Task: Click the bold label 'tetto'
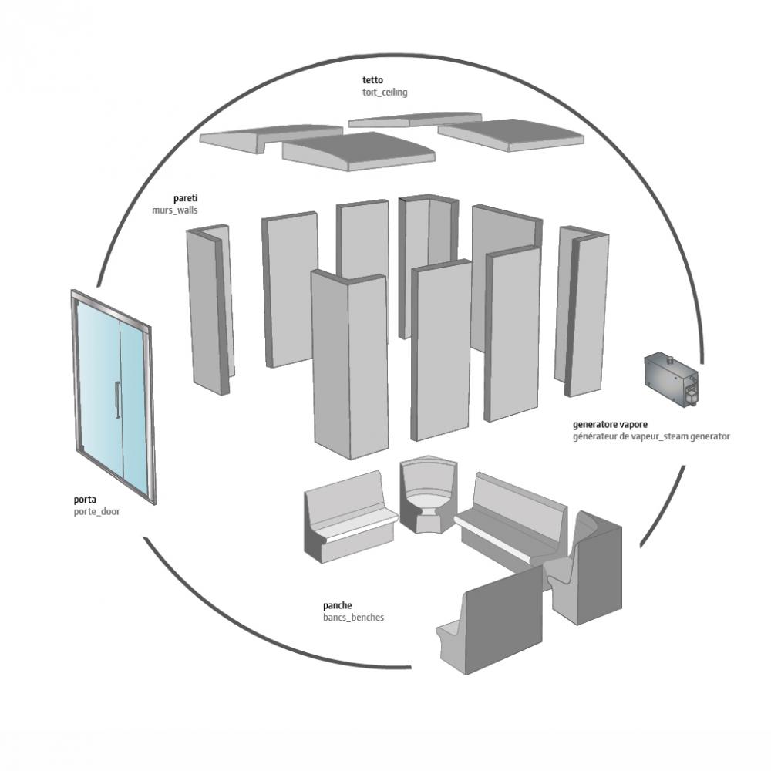pyautogui.click(x=372, y=80)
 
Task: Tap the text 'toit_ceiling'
pyautogui.click(x=385, y=93)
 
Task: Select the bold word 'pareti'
pyautogui.click(x=185, y=199)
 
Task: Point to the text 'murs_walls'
pyautogui.click(x=175, y=210)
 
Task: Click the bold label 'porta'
pyautogui.click(x=85, y=500)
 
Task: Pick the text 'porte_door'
pyautogui.click(x=97, y=512)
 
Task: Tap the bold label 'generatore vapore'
pyautogui.click(x=610, y=424)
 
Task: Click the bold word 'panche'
pyautogui.click(x=338, y=606)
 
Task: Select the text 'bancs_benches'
pyautogui.click(x=354, y=618)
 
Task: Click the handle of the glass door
pyautogui.click(x=117, y=399)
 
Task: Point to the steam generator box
pyautogui.click(x=672, y=379)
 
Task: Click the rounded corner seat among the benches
pyautogui.click(x=428, y=494)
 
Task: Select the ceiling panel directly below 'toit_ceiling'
pyautogui.click(x=415, y=120)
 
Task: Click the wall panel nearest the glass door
pyautogui.click(x=210, y=310)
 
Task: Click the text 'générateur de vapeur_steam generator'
pyautogui.click(x=651, y=436)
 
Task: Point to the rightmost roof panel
pyautogui.click(x=511, y=133)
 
